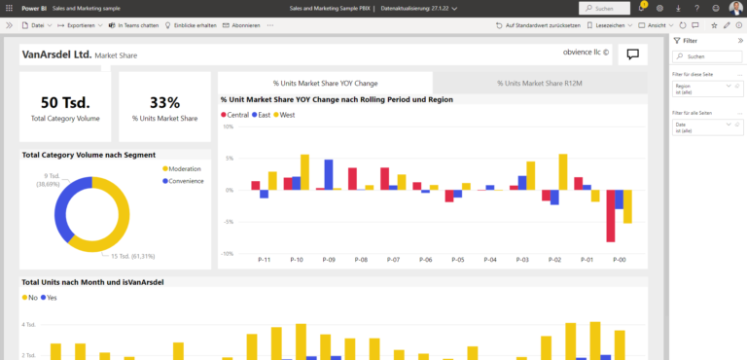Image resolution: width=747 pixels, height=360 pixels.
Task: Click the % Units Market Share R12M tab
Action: (539, 84)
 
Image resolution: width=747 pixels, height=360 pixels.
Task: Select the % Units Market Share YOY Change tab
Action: (325, 84)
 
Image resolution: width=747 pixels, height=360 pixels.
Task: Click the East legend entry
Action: (261, 115)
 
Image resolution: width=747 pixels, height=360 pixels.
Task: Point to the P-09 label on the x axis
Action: (329, 260)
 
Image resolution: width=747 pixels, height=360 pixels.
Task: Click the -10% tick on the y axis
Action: (228, 253)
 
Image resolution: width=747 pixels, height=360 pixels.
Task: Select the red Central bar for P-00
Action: (610, 216)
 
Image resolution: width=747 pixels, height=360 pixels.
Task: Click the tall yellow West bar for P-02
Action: (562, 171)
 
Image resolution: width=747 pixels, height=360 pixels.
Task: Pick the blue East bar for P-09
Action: (329, 174)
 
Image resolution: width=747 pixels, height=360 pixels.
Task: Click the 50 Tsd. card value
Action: (65, 103)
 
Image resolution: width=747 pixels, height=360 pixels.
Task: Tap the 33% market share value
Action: (164, 103)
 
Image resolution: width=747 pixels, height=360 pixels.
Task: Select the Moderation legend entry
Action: (183, 169)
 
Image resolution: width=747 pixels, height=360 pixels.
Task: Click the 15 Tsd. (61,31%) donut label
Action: (131, 256)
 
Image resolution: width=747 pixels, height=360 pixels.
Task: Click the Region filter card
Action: (706, 90)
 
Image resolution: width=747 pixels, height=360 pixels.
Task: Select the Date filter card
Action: (706, 128)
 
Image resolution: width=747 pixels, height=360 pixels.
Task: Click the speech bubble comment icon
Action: (632, 54)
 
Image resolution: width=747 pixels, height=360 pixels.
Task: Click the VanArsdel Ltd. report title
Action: (56, 54)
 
